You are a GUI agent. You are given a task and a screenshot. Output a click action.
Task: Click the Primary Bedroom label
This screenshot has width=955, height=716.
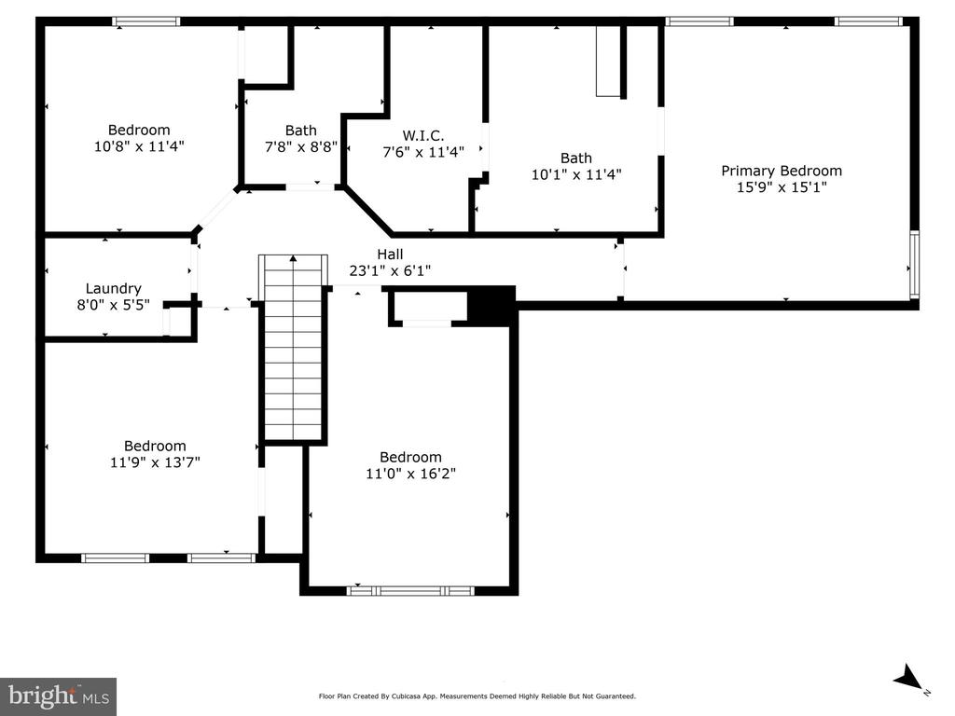[x=782, y=171]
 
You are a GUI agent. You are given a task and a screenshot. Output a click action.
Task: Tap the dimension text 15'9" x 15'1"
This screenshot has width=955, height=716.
[x=782, y=186]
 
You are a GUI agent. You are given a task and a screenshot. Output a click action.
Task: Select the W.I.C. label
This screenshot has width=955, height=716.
[x=417, y=135]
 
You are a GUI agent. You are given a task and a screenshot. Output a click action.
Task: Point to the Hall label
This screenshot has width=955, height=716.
[x=390, y=255]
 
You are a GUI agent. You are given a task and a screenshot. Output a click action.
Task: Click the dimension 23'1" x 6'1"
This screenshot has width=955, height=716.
[x=390, y=270]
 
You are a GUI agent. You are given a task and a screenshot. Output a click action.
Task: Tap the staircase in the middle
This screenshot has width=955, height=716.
[x=294, y=350]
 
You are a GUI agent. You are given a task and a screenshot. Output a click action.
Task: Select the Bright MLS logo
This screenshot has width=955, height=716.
[x=58, y=695]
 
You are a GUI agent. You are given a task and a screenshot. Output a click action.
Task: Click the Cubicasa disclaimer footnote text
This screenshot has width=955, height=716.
[x=477, y=696]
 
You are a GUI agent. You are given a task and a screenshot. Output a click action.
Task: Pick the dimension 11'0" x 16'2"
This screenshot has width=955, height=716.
[x=410, y=473]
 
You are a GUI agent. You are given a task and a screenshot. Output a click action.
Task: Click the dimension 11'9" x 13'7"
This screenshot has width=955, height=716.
[x=155, y=461]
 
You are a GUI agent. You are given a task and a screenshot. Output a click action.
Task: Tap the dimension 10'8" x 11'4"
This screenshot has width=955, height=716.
[x=139, y=145]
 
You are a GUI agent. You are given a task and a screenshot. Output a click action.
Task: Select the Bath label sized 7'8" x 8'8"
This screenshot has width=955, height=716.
[x=300, y=131]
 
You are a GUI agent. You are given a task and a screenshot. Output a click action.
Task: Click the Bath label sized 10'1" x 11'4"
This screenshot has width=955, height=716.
[x=575, y=158]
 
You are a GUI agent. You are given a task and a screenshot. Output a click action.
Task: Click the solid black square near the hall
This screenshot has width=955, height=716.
[x=491, y=305]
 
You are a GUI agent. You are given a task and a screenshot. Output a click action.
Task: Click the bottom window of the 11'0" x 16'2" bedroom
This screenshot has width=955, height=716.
[x=410, y=590]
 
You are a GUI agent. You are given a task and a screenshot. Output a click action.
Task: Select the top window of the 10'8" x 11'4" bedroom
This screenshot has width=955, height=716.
[x=145, y=21]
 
